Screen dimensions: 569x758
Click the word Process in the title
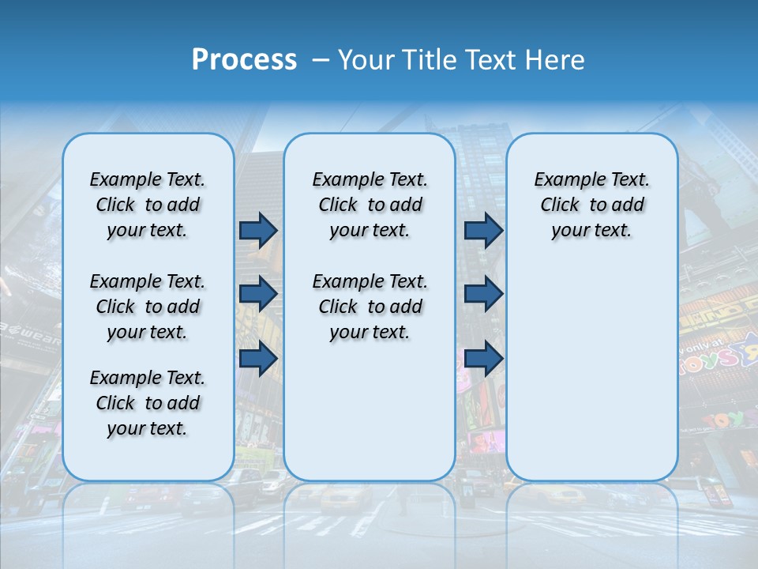pos(244,60)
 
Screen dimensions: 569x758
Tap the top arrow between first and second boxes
pos(258,230)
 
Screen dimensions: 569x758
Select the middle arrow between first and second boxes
pos(258,294)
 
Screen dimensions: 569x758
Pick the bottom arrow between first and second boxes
pos(258,359)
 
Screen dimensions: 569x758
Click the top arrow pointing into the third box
pos(483,230)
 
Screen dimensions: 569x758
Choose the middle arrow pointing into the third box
pos(483,294)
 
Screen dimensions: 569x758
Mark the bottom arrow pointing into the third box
pos(483,359)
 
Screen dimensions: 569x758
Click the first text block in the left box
pos(148,205)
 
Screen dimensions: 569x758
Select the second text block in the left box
pos(148,307)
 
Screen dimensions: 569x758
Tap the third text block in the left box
pos(148,403)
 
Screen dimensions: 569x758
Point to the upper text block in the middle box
pos(370,205)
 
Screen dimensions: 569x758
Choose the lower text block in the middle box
pos(370,307)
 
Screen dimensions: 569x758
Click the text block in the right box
pos(591,205)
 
